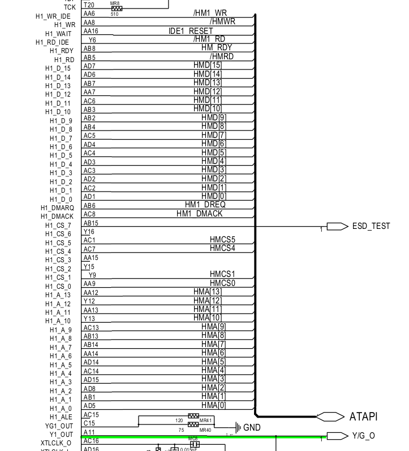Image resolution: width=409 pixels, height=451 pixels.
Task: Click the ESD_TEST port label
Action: coord(371,226)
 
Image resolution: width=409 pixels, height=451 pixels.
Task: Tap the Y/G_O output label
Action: coord(363,436)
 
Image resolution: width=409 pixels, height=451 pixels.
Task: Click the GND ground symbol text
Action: coord(252,428)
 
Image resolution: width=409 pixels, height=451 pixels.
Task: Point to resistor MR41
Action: coord(193,417)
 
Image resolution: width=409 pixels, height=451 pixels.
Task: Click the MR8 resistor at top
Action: coord(117,8)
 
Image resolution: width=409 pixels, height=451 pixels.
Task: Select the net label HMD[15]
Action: coord(208,66)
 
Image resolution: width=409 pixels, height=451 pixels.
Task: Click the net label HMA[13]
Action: coord(208,292)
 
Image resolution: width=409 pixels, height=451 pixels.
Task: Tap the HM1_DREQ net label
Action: coord(205,205)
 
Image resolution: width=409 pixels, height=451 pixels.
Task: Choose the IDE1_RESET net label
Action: coord(191,31)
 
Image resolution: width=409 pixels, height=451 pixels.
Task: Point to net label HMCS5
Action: coord(222,240)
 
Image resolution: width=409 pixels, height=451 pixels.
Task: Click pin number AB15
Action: coord(91,223)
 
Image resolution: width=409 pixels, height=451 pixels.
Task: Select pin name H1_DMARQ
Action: coord(57,208)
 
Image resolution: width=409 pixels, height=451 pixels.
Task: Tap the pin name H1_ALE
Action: coord(61,417)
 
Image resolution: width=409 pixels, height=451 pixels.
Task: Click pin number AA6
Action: coord(89,13)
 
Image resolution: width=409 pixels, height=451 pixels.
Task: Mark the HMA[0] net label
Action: coord(214,405)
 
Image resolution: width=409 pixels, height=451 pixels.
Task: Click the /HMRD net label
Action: coord(222,57)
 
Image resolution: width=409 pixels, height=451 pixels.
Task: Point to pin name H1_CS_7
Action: coord(59,225)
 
